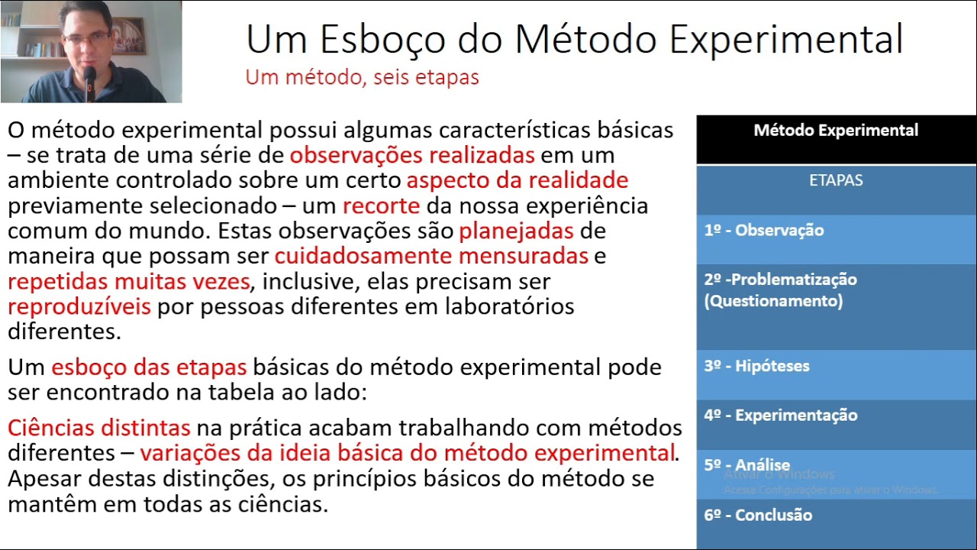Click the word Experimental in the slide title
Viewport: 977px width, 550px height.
[x=785, y=40]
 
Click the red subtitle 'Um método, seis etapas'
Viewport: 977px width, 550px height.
[x=362, y=77]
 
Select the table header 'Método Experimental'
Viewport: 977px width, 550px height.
[x=836, y=131]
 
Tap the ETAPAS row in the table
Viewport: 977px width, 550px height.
[x=836, y=181]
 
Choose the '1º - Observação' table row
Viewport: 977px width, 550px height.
[x=763, y=231]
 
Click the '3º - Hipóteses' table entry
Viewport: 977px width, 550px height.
[x=756, y=366]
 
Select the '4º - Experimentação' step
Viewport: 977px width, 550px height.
[x=780, y=416]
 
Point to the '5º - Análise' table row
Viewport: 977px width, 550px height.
[x=746, y=465]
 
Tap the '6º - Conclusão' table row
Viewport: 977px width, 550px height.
[x=758, y=515]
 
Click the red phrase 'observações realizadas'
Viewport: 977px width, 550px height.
[x=411, y=155]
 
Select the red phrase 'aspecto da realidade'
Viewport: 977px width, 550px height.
[x=517, y=180]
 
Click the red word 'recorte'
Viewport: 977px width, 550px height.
[x=381, y=205]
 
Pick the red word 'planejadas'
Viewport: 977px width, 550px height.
[x=516, y=231]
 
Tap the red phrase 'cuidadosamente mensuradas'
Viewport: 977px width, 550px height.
[x=431, y=256]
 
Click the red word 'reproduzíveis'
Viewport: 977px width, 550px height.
[x=79, y=306]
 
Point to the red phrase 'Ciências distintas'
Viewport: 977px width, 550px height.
[x=98, y=428]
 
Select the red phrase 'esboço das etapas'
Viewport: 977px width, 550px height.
[x=149, y=367]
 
